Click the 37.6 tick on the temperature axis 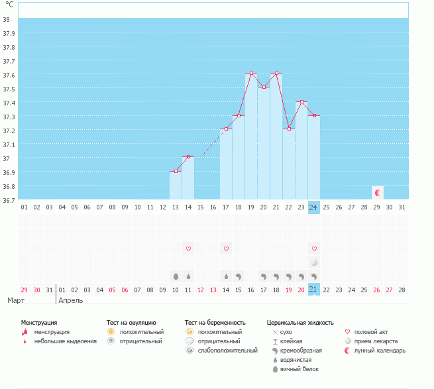coord(9,75)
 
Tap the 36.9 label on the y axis coord(9,172)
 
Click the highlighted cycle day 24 coord(313,207)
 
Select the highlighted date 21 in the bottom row coord(313,289)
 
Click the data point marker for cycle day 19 coord(251,73)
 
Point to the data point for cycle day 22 coord(289,129)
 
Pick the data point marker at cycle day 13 coord(176,171)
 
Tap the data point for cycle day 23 coord(301,101)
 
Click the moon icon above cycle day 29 coord(377,193)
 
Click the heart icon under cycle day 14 coord(188,249)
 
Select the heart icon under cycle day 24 coord(313,249)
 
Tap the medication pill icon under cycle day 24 coord(313,262)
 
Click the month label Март coord(16,301)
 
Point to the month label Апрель coord(71,301)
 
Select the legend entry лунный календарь coord(380,351)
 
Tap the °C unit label coord(9,5)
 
